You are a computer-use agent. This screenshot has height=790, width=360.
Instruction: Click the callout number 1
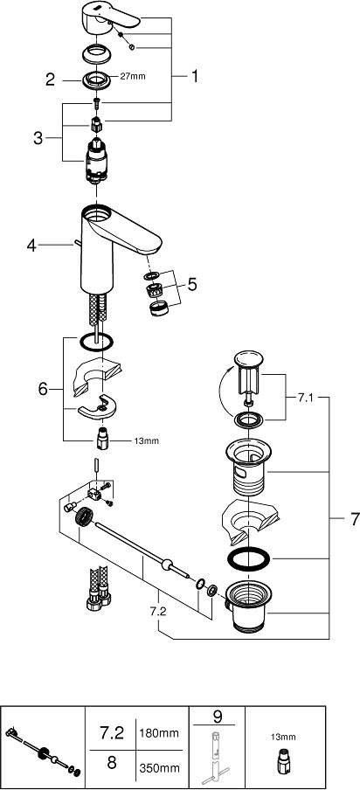pyautogui.click(x=194, y=77)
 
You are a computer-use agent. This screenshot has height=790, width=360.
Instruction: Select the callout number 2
pyautogui.click(x=50, y=80)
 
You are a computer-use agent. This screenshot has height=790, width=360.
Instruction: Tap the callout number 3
pyautogui.click(x=38, y=138)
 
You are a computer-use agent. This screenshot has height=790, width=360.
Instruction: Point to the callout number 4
pyautogui.click(x=31, y=246)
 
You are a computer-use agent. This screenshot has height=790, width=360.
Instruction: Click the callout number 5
pyautogui.click(x=192, y=285)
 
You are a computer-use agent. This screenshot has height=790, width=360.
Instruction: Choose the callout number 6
pyautogui.click(x=44, y=389)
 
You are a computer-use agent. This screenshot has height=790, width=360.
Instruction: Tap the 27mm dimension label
pyautogui.click(x=133, y=77)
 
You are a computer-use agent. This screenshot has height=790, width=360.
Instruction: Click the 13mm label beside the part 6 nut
pyautogui.click(x=146, y=440)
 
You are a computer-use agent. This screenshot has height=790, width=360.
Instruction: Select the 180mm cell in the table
pyautogui.click(x=159, y=732)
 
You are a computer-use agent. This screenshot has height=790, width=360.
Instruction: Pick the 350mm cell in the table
pyautogui.click(x=159, y=768)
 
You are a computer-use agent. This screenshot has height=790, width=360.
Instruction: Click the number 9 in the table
pyautogui.click(x=218, y=717)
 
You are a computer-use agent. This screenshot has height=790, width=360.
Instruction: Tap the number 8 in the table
pyautogui.click(x=112, y=762)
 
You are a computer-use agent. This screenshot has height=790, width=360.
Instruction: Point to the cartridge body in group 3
pyautogui.click(x=96, y=160)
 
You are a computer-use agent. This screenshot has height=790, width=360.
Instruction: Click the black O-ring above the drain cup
pyautogui.click(x=249, y=558)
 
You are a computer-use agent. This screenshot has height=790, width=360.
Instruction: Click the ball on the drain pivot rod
pyautogui.click(x=167, y=565)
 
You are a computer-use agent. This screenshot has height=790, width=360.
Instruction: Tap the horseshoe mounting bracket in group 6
pyautogui.click(x=100, y=408)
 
